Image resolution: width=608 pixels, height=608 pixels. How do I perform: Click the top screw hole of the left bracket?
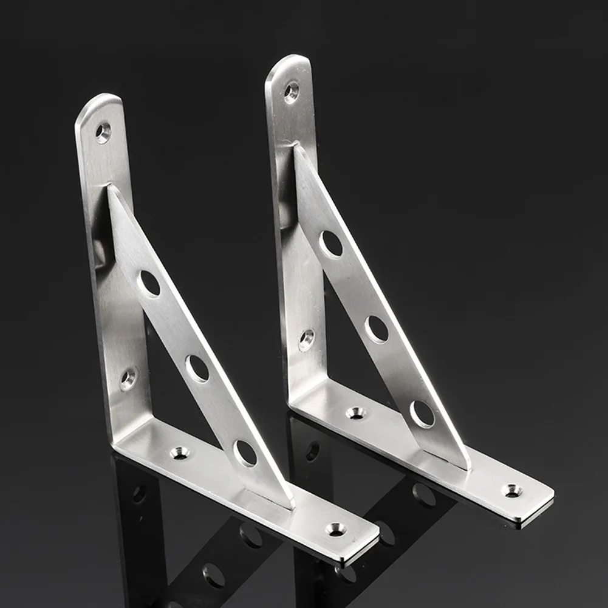point(103,132)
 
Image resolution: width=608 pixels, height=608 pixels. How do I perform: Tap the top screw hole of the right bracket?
point(291,92)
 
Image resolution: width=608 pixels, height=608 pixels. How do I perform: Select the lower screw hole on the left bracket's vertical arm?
point(128,379)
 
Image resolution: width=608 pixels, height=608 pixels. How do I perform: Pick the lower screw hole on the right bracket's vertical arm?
point(307,340)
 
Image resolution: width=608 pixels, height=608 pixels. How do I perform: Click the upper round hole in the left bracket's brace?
point(149,283)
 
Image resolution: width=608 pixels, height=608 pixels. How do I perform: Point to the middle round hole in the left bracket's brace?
point(197,368)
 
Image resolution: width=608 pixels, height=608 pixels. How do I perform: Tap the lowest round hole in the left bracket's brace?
point(245,453)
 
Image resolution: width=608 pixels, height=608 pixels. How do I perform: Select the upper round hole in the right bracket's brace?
point(331,244)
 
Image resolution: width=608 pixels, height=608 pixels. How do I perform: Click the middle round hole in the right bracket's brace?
point(377,329)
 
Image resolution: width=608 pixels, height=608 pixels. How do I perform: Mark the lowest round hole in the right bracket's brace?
point(422,414)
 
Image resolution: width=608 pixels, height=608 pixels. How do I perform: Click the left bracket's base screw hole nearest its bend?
point(179,453)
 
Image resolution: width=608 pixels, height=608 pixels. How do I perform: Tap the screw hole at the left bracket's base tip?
point(335,528)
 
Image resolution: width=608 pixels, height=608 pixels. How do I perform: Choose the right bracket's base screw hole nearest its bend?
point(356,413)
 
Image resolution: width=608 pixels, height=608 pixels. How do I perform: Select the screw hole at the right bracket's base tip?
point(512,489)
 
